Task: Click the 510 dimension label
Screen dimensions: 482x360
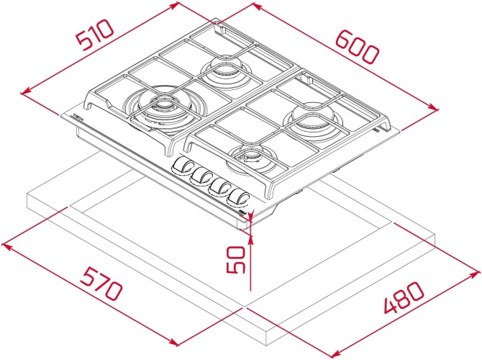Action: coord(95,35)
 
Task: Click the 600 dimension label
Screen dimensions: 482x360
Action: coord(357,47)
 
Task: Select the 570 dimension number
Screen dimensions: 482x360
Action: coord(101,284)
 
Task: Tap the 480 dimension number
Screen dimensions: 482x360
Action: coord(404,297)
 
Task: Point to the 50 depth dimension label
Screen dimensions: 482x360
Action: coord(236,259)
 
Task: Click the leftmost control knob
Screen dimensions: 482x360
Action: coord(182,166)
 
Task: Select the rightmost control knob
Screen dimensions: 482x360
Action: coord(239,197)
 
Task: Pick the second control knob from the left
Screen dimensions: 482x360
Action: coord(201,176)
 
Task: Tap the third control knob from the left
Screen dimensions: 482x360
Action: coord(220,186)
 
